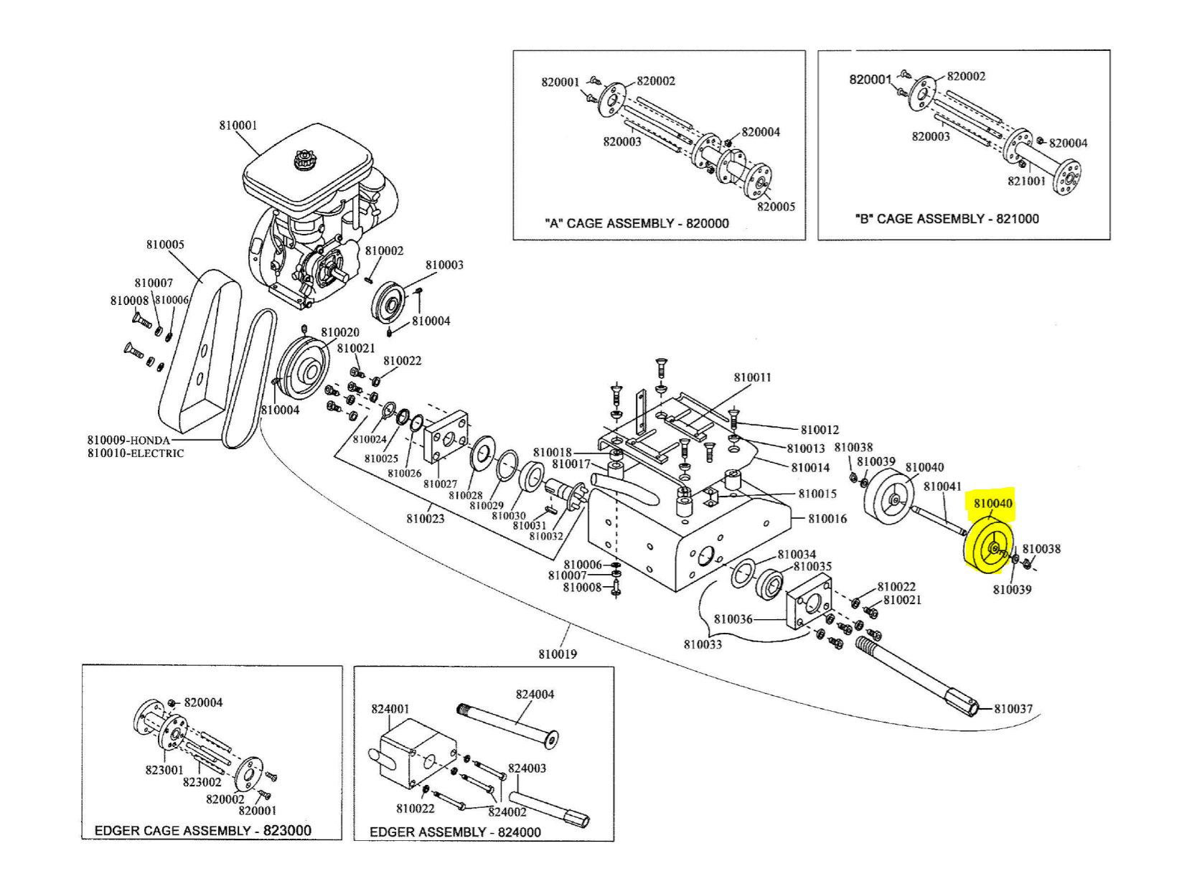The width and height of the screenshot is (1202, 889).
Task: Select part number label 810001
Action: point(238,126)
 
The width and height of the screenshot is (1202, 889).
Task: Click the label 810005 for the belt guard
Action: point(165,245)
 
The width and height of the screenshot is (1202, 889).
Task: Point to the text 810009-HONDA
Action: point(128,441)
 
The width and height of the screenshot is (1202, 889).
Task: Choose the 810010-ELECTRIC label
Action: point(136,453)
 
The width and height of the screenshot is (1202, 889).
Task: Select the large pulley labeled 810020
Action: point(303,372)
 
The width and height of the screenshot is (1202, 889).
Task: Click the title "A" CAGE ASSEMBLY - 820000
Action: point(637,223)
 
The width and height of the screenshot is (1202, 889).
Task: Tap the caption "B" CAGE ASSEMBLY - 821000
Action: point(947,219)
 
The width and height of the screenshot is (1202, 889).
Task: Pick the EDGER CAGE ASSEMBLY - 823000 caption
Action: point(203,831)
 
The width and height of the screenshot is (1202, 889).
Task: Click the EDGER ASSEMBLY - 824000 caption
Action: point(455,832)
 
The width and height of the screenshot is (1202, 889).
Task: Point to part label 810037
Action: point(1013,709)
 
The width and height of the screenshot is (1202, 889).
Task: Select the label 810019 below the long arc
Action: point(558,654)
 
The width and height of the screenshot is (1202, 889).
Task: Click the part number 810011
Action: point(752,377)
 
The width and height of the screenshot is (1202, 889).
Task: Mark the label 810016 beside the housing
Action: point(827,519)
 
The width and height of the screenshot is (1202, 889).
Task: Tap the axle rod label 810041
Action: point(942,486)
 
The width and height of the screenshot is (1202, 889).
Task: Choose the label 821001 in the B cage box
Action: point(1027,181)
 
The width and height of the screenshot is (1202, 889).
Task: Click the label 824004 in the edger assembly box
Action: point(535,695)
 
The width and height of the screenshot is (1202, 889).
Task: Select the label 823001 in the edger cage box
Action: point(164,770)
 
